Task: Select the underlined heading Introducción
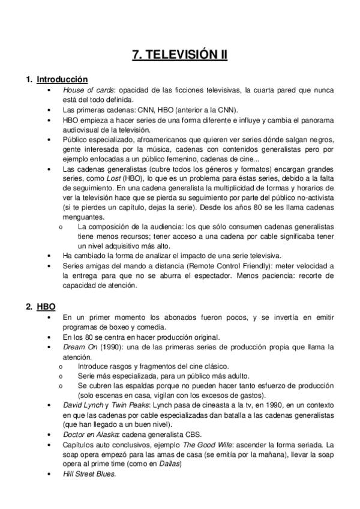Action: [x=62, y=79]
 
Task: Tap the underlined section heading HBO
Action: [x=46, y=306]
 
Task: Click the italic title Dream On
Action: [x=78, y=347]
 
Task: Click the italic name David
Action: [x=73, y=406]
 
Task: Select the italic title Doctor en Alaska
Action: [x=88, y=434]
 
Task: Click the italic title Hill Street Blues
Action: [x=89, y=474]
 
